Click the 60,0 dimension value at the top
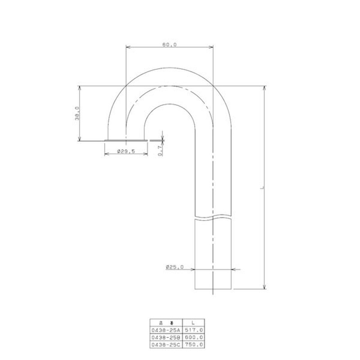coord(169,44)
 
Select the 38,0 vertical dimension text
coord(77,113)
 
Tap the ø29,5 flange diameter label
coord(126,152)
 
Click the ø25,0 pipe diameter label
coord(175,267)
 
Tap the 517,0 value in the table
coord(194,330)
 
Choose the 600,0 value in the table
coord(194,337)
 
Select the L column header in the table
coord(193,323)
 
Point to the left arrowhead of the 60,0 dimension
coord(128,47)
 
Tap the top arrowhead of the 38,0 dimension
coord(80,88)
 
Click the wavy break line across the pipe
coord(214,217)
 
